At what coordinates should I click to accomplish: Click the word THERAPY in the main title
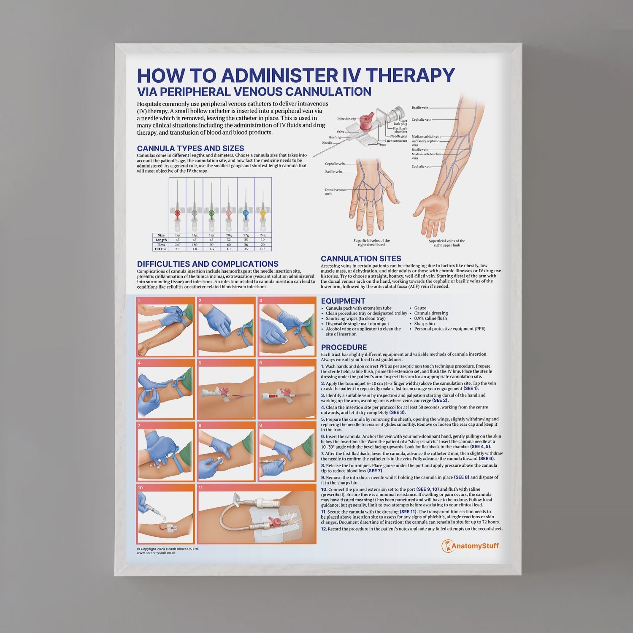tap(410, 76)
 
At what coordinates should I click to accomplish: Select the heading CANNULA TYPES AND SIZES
tap(190, 149)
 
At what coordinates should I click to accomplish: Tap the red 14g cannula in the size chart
tap(178, 213)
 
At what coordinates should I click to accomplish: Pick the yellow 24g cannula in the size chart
tap(263, 213)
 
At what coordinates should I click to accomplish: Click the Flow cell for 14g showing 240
tap(178, 245)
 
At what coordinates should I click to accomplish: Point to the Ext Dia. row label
tap(161, 249)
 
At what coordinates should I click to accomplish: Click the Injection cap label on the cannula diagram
tap(346, 119)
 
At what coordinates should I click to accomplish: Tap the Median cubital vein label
tap(426, 137)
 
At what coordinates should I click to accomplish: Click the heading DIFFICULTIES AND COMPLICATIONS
tap(208, 264)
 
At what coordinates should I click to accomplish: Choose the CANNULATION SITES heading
tap(361, 259)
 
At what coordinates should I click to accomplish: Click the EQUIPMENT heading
tap(343, 301)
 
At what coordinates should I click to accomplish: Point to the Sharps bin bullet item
tap(424, 324)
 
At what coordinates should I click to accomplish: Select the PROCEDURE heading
tap(344, 347)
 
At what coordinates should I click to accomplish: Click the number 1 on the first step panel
tap(139, 301)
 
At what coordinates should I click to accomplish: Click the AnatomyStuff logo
tap(470, 546)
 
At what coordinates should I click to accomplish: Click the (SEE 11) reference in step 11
tap(408, 512)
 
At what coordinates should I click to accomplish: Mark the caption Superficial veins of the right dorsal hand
tap(372, 243)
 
